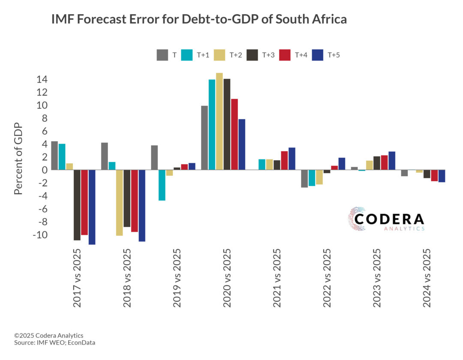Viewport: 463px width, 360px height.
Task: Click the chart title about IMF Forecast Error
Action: pos(199,20)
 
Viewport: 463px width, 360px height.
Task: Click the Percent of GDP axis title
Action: pos(18,159)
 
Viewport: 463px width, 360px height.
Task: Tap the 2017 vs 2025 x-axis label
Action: pos(77,278)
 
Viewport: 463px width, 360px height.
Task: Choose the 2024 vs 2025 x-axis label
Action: pos(427,278)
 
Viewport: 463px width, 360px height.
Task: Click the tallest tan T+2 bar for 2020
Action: pos(219,121)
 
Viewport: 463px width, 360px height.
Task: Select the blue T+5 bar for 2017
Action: pos(92,207)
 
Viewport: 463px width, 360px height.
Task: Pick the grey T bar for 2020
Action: pos(204,138)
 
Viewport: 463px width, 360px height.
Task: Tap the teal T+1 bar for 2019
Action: pos(162,185)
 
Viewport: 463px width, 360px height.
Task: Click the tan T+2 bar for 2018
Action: pos(119,203)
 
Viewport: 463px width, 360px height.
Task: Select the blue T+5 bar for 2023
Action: pos(392,161)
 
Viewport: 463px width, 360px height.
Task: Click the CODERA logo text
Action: pos(389,219)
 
